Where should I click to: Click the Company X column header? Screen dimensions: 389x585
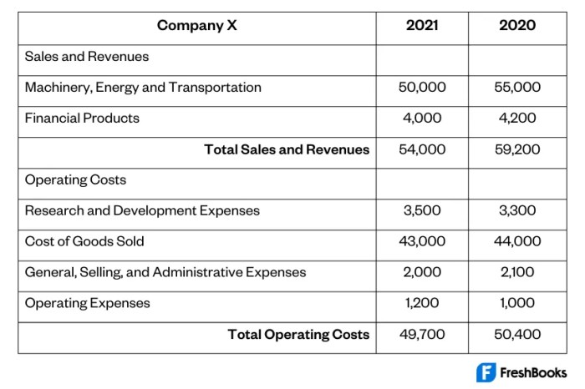[x=197, y=26]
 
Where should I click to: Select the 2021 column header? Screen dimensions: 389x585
[x=422, y=26]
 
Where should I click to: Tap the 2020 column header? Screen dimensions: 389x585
[x=517, y=26]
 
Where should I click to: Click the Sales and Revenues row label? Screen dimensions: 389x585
[x=87, y=57]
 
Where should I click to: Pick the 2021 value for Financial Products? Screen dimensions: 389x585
[x=422, y=119]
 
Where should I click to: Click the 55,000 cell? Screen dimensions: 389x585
[x=517, y=88]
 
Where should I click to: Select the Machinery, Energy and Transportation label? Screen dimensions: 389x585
[x=143, y=88]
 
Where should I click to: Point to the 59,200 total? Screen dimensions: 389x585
[x=517, y=150]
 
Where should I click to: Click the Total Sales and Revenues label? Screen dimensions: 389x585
[x=287, y=150]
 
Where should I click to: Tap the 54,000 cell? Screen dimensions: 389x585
[x=422, y=150]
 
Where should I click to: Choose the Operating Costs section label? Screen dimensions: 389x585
[x=76, y=180]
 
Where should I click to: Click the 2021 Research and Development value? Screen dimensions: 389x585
[x=422, y=211]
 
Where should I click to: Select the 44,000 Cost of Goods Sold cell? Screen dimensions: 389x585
[x=517, y=242]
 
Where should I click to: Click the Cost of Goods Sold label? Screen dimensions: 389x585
[x=84, y=242]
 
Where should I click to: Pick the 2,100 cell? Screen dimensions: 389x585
[x=517, y=272]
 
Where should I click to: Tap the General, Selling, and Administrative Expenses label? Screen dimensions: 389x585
[x=165, y=272]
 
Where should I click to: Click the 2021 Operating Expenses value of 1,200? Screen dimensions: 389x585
[x=422, y=303]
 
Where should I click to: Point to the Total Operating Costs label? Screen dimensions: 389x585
[x=298, y=335]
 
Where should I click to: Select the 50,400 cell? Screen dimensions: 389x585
[x=517, y=335]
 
